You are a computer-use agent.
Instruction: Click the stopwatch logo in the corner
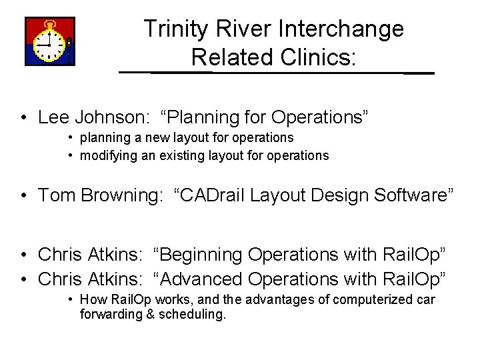(50, 41)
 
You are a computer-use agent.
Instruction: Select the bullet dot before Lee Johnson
(23, 118)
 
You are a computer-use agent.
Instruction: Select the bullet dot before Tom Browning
(23, 196)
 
